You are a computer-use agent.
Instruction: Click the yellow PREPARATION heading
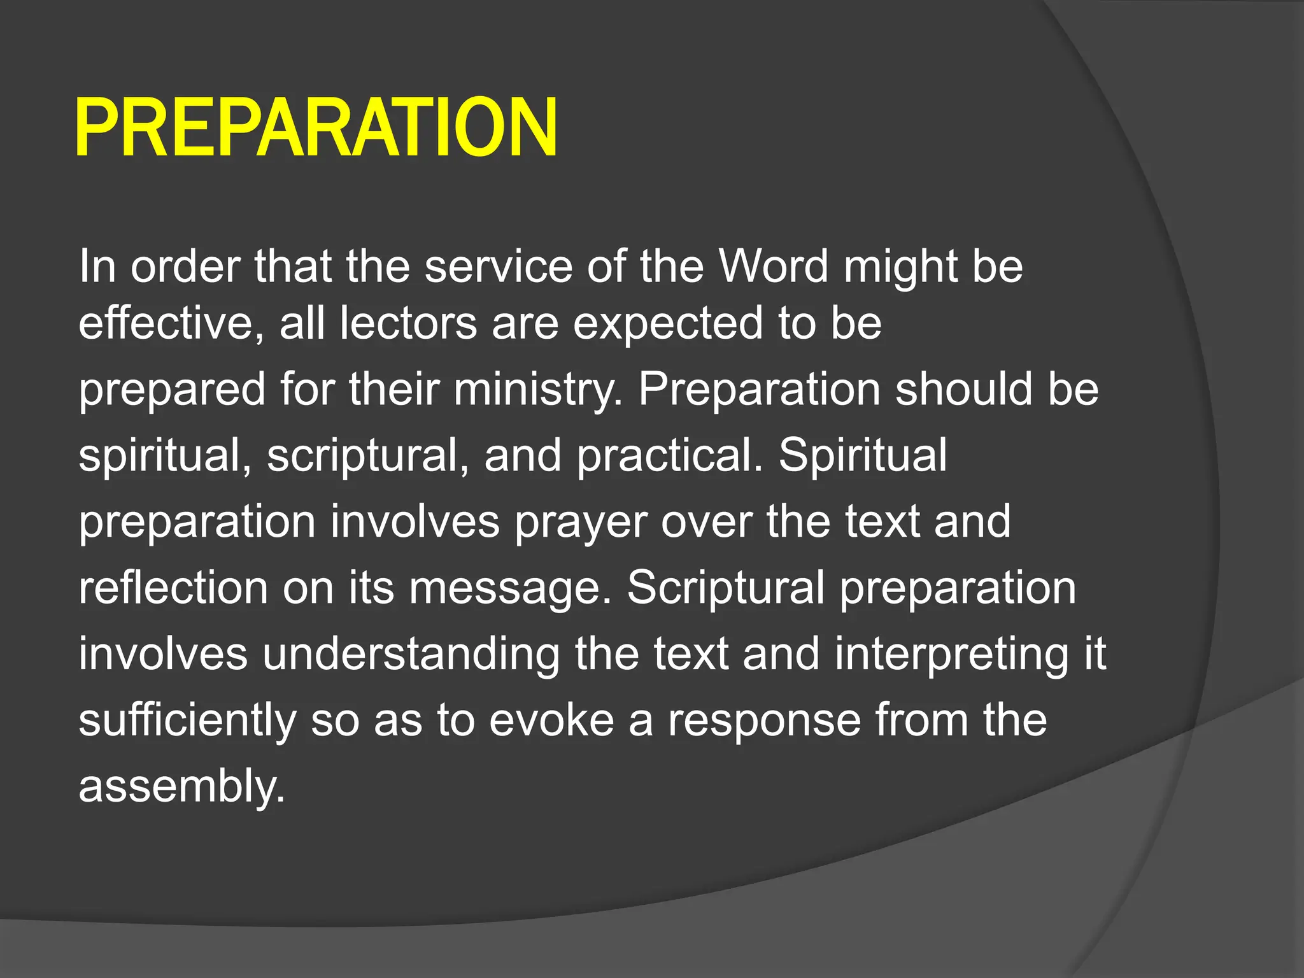click(x=316, y=127)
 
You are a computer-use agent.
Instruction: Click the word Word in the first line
click(x=773, y=266)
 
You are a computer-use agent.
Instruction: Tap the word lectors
click(x=407, y=323)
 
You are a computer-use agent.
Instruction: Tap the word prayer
click(x=580, y=522)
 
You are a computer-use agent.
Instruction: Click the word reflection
click(x=173, y=588)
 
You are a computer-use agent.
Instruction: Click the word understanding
click(x=411, y=655)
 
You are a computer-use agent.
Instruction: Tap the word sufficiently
click(x=187, y=721)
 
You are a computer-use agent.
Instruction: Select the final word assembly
click(x=181, y=787)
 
